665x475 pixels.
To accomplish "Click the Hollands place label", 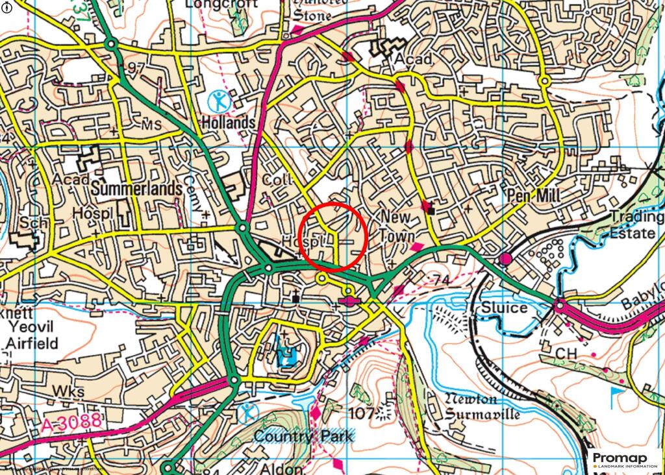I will point(227,123).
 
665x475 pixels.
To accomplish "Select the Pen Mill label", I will point(530,195).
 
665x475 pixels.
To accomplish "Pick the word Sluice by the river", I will point(505,308).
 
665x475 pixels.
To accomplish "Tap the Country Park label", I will point(304,436).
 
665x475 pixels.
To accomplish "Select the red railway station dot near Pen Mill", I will point(505,260).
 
